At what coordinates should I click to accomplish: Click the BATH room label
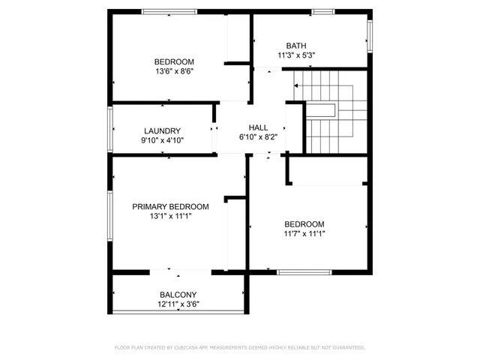[x=295, y=45]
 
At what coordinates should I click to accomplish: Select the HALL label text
[x=257, y=127]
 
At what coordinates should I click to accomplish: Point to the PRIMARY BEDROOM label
[x=170, y=206]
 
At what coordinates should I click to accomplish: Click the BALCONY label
[x=178, y=295]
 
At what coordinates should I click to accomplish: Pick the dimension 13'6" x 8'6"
[x=174, y=72]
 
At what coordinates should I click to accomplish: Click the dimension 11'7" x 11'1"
[x=304, y=234]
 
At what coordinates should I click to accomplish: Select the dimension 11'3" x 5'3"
[x=295, y=55]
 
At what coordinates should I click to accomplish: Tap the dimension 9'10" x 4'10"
[x=163, y=139]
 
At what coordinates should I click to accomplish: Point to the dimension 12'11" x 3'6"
[x=178, y=304]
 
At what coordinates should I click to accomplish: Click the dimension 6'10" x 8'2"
[x=257, y=137]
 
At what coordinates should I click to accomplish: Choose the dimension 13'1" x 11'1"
[x=170, y=216]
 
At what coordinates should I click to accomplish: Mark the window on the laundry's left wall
[x=110, y=129]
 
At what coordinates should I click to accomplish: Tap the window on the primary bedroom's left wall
[x=110, y=215]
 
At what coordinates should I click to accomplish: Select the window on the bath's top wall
[x=322, y=11]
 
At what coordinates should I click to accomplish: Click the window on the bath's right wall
[x=369, y=34]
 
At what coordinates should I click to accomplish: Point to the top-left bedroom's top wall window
[x=169, y=11]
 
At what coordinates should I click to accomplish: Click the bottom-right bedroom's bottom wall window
[x=304, y=271]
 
